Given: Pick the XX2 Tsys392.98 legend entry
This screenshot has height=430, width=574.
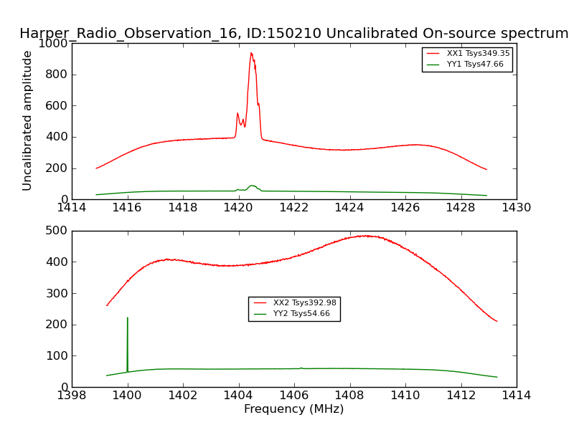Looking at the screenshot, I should click(304, 303).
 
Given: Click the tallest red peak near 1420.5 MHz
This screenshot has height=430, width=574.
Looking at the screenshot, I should click(251, 53).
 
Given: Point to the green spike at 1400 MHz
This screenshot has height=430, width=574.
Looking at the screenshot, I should click(128, 319).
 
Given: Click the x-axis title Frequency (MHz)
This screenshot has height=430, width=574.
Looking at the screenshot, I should click(293, 409).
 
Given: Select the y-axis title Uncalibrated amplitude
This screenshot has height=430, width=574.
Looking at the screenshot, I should click(27, 120).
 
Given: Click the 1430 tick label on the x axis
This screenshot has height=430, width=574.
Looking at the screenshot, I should click(516, 208).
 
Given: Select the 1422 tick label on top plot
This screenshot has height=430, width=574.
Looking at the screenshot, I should click(293, 208).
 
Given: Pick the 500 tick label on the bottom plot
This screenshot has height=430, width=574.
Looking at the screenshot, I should click(57, 231).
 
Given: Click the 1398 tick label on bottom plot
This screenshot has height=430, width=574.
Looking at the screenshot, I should click(72, 396).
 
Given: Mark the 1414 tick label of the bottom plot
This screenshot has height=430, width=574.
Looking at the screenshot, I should click(516, 396).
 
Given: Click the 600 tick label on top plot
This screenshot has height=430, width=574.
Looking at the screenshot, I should click(57, 105).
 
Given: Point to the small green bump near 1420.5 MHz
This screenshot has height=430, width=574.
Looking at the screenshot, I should click(252, 186).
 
